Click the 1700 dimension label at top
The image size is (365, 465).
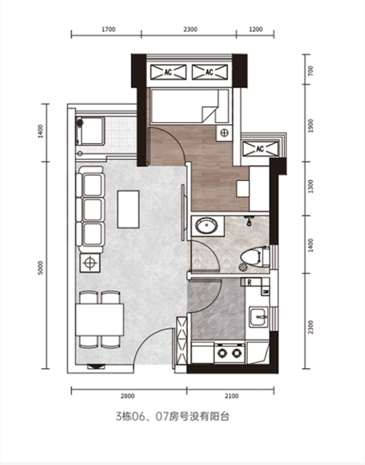pyautogui.click(x=109, y=29)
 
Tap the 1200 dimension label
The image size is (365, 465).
pyautogui.click(x=256, y=29)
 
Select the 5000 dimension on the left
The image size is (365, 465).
pyautogui.click(x=41, y=268)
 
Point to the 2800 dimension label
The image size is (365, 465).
pyautogui.click(x=128, y=396)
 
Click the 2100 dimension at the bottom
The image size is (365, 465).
pyautogui.click(x=232, y=396)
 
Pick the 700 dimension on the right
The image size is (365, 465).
pyautogui.click(x=311, y=71)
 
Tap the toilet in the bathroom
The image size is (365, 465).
pyautogui.click(x=255, y=256)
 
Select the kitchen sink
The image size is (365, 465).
pyautogui.click(x=259, y=317)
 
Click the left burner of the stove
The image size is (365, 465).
pyautogui.click(x=222, y=353)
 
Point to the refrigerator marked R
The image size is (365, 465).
pyautogui.click(x=249, y=283)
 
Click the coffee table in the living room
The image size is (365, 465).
pyautogui.click(x=128, y=209)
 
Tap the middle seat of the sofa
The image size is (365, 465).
pyautogui.click(x=92, y=210)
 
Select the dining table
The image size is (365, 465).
pyautogui.click(x=100, y=320)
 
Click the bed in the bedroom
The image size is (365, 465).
pyautogui.click(x=190, y=106)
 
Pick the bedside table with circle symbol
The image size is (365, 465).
pyautogui.click(x=225, y=133)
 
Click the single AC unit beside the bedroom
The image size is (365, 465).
pyautogui.click(x=260, y=149)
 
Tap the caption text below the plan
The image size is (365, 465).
pyautogui.click(x=173, y=417)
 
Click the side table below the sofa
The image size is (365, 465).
pyautogui.click(x=90, y=263)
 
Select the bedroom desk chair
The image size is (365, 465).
pyautogui.click(x=243, y=189)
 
